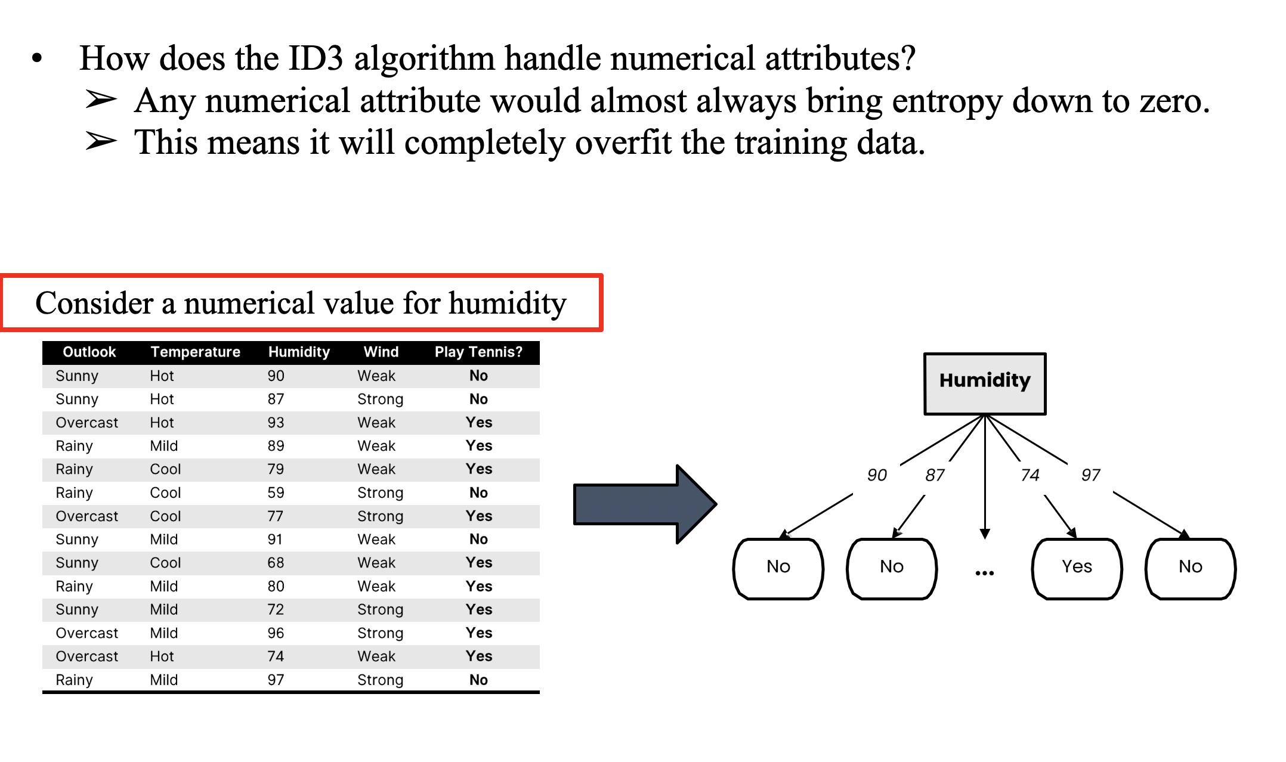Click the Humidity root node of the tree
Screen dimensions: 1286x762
coord(985,383)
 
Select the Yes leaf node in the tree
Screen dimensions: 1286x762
coord(1077,568)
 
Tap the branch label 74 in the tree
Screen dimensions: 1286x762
coord(1030,475)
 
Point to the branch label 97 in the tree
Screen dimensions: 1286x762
coord(1090,475)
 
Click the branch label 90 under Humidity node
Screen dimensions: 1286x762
coord(877,475)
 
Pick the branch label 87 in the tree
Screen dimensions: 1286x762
coord(935,475)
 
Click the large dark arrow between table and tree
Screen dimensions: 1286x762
coord(645,504)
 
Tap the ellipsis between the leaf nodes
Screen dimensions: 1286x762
coord(984,573)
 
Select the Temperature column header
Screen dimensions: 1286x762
coord(195,352)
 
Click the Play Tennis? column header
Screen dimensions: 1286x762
coord(478,352)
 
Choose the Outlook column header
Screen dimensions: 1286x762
coord(89,352)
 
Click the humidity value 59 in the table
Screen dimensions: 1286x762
coord(276,493)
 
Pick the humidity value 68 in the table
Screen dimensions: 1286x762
coord(276,563)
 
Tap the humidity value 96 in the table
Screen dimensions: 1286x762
coord(276,633)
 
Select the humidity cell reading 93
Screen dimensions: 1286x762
coord(276,423)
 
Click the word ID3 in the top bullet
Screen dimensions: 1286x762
coord(316,58)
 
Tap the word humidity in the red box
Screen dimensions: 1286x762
coord(507,303)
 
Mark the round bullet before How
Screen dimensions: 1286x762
coord(37,58)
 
